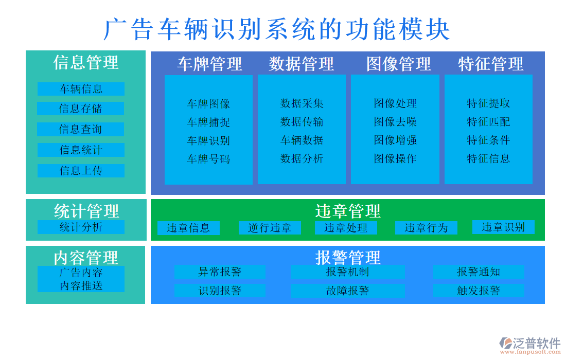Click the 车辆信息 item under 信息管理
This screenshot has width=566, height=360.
81,89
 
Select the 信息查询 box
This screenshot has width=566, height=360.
81,129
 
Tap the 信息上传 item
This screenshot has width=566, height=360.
81,171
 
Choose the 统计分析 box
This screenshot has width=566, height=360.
81,227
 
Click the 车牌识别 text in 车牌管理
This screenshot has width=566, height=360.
208,140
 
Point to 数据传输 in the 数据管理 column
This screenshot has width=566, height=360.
302,122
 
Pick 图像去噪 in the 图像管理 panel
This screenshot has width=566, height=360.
395,122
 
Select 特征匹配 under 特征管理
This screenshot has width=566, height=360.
488,122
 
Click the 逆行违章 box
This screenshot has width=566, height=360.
270,228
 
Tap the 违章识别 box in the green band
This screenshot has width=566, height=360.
503,227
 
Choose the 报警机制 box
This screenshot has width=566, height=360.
347,272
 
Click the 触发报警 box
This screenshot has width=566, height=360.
479,291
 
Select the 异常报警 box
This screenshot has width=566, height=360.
220,272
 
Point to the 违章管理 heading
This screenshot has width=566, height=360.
348,211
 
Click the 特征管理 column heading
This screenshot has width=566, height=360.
490,64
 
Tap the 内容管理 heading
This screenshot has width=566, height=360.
86,257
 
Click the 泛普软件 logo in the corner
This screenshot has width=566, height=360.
530,344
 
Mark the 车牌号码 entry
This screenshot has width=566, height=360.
208,159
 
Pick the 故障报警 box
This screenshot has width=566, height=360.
347,291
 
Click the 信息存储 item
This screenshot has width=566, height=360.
81,109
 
